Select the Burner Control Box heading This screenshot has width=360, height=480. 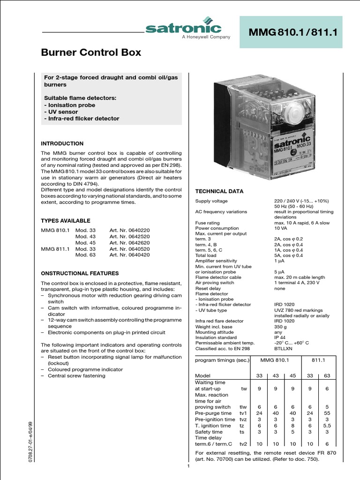pos(91,52)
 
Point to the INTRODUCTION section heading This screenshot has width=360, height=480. pos(62,143)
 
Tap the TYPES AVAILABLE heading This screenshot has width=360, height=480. pos(66,221)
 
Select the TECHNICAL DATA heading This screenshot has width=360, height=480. pos(219,192)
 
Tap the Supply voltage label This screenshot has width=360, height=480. pos(211,201)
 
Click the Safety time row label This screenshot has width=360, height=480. pos(209,432)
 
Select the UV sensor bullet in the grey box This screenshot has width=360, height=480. pos(61,112)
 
